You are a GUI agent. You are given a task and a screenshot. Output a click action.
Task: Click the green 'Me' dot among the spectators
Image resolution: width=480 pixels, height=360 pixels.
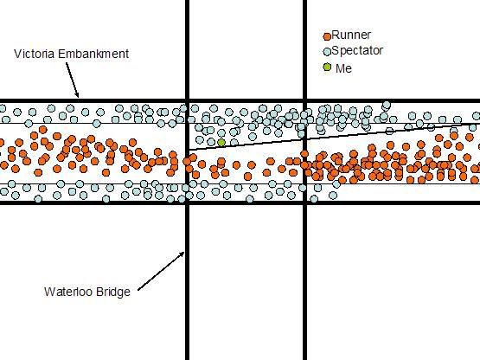pos(221,143)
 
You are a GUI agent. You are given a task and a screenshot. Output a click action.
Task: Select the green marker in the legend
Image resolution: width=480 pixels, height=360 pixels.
pos(327,67)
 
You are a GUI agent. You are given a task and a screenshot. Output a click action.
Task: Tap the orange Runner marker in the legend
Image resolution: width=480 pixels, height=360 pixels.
pos(327,36)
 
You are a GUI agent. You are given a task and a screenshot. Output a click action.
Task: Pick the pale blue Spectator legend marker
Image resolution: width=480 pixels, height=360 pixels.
pos(327,51)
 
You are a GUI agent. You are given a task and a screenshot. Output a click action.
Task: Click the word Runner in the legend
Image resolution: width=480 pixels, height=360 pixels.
pos(351,35)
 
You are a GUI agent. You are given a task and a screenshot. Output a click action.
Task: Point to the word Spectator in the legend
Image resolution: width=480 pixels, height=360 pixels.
pos(357,50)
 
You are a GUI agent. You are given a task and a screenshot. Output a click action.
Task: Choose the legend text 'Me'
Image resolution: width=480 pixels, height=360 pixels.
pos(343,68)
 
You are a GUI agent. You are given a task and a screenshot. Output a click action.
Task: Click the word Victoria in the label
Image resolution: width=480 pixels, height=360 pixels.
pos(35,54)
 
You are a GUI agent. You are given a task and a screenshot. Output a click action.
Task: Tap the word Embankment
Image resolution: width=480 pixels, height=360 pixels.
pos(93,54)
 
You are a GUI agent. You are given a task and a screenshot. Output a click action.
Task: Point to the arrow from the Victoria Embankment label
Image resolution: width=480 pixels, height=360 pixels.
pos(73,80)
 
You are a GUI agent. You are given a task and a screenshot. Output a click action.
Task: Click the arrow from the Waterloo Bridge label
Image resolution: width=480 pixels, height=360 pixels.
pos(162,271)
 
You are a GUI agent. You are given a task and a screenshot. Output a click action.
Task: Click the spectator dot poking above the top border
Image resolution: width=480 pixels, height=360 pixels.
pos(387,105)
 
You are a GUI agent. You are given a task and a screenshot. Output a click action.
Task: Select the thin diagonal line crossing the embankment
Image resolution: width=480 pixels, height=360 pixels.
pos(334,137)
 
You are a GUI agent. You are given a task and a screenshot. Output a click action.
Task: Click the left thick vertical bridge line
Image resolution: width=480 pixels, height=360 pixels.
pos(187,180)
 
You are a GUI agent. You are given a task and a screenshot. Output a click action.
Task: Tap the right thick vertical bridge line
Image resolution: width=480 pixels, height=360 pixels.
pos(305,180)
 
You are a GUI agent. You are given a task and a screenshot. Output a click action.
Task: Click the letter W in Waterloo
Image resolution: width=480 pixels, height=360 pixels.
pos(49,292)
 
